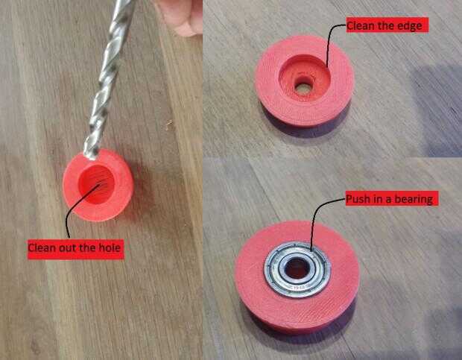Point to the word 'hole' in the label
110,247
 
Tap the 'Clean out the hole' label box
76,249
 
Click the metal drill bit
108,78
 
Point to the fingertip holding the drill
182,17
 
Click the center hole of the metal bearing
296,268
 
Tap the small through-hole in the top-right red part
303,87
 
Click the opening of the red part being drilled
96,184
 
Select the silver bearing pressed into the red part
297,268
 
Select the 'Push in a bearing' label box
392,198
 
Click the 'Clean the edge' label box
387,25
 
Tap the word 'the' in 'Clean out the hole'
87,247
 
